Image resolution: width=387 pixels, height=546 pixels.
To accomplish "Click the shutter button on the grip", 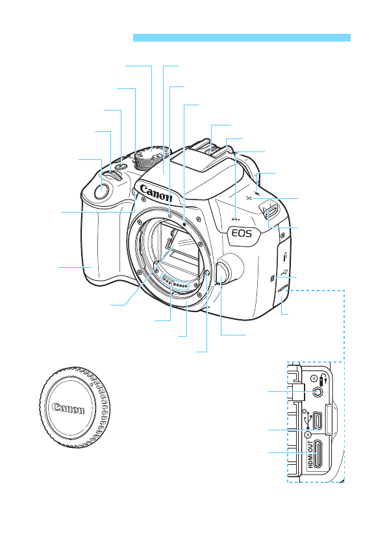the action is [x=101, y=191].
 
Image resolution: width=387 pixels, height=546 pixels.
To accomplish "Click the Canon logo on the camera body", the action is [x=156, y=193].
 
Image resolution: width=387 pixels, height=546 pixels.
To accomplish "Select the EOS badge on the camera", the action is [x=242, y=233].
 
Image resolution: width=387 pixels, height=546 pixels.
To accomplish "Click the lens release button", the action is [x=223, y=272].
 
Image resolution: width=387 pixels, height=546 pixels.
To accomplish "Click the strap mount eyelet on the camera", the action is [x=270, y=213].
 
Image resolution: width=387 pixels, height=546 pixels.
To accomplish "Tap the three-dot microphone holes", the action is [x=236, y=220].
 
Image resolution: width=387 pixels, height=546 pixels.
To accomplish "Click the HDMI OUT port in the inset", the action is [x=317, y=454].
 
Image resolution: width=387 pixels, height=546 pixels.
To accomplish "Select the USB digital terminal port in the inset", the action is [x=317, y=421].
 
